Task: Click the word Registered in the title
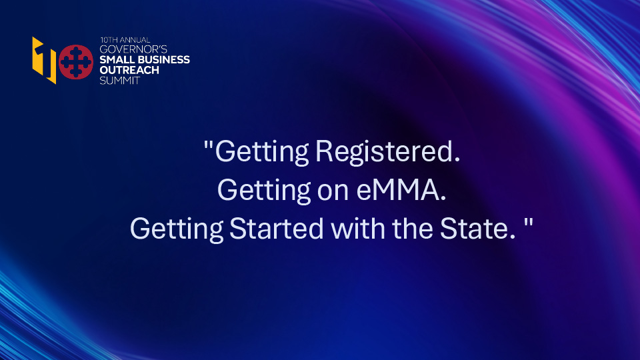pyautogui.click(x=387, y=152)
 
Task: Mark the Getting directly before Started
pyautogui.click(x=177, y=230)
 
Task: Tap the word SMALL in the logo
pyautogui.click(x=114, y=59)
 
